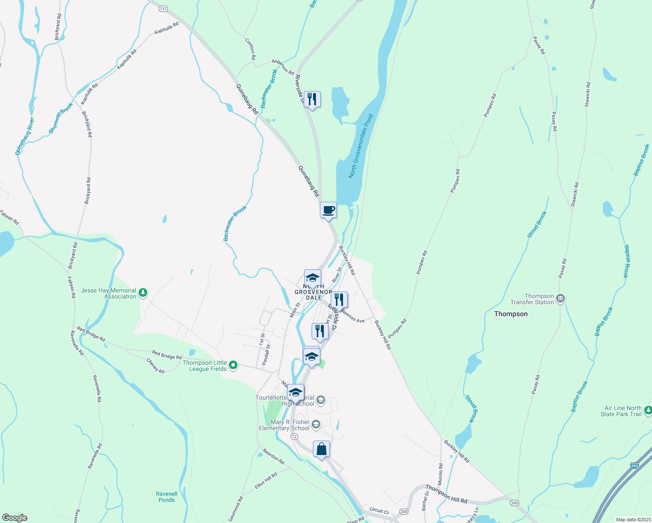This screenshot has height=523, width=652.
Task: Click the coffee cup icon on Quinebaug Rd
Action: pos(328,210)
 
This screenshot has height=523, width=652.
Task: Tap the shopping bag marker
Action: pos(321,449)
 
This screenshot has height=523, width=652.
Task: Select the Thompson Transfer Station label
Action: pos(532,299)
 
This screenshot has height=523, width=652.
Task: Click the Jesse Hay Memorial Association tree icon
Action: pos(143,293)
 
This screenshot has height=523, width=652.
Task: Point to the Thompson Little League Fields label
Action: pos(205,366)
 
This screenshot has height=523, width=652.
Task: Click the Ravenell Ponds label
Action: pos(166,497)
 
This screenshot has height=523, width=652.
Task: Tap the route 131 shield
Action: pos(163,8)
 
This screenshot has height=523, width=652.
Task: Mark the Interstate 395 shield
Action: pos(634,466)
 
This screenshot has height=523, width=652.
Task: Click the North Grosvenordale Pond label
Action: pos(361,146)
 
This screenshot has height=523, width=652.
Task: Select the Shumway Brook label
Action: pos(61,118)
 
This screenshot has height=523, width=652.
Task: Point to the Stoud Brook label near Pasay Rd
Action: pos(537,224)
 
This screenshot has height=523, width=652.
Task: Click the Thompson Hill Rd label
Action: pos(446,494)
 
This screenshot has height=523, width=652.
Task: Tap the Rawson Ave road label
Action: pos(353,316)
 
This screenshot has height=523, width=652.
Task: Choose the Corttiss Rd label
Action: pos(250,49)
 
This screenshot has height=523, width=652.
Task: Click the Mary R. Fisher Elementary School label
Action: pos(284,425)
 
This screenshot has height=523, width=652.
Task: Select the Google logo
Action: pos(14,518)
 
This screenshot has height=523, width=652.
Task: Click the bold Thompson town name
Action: pos(511,314)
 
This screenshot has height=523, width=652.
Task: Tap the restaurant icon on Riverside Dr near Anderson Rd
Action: pos(312,99)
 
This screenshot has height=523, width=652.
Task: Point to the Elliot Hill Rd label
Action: pos(266,481)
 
